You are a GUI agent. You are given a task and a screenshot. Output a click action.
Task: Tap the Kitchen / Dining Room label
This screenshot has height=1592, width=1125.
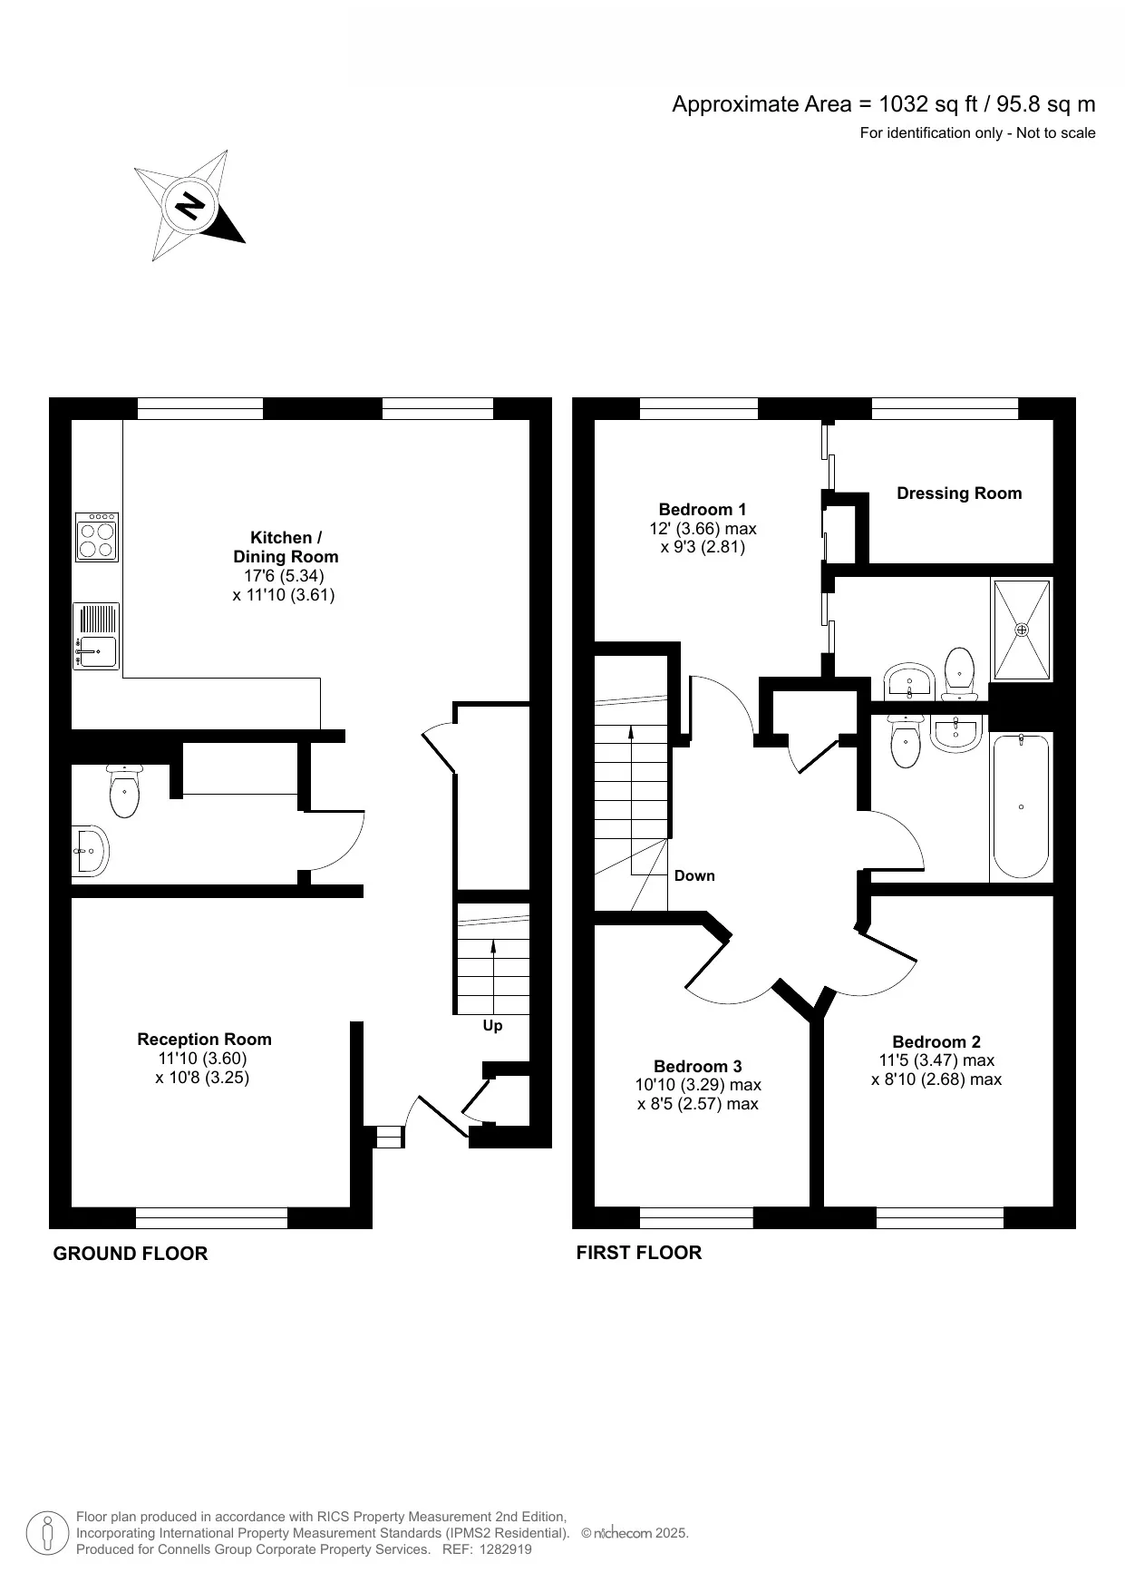pos(286,547)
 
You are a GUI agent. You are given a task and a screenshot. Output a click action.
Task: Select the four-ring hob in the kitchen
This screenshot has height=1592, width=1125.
pos(97,537)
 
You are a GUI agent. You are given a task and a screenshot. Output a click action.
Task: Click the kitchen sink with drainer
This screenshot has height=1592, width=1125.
pos(96,637)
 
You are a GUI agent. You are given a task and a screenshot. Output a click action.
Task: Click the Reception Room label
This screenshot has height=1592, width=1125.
pos(204,1040)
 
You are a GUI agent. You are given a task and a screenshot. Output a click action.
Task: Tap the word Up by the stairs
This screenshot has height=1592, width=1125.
pos(492,1026)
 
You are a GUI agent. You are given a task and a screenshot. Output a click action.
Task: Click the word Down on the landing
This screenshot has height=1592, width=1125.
pos(694,876)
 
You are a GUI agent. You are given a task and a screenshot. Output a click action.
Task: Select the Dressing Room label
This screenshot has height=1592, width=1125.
pos(959,493)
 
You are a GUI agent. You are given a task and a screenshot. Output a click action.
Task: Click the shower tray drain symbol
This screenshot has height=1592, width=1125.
pos(1023,630)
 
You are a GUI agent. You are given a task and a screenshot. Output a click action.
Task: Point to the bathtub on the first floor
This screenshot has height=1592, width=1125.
pos(1021,806)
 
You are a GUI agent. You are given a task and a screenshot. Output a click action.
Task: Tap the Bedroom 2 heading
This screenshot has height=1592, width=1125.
pos(936,1042)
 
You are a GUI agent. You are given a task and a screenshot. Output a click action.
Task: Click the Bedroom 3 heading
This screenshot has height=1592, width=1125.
pos(698,1067)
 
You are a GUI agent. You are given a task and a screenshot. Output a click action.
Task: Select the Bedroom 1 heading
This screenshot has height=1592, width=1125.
pos(703,510)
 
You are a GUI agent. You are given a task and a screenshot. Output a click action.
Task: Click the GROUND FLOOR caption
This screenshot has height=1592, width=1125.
pos(131,1254)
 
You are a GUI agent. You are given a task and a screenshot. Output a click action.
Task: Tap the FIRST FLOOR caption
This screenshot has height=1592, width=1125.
pos(639,1253)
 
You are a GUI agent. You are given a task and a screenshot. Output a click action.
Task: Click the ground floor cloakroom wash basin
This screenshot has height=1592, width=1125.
pos(89,851)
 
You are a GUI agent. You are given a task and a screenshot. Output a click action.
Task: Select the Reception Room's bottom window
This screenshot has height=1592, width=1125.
pos(211,1217)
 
